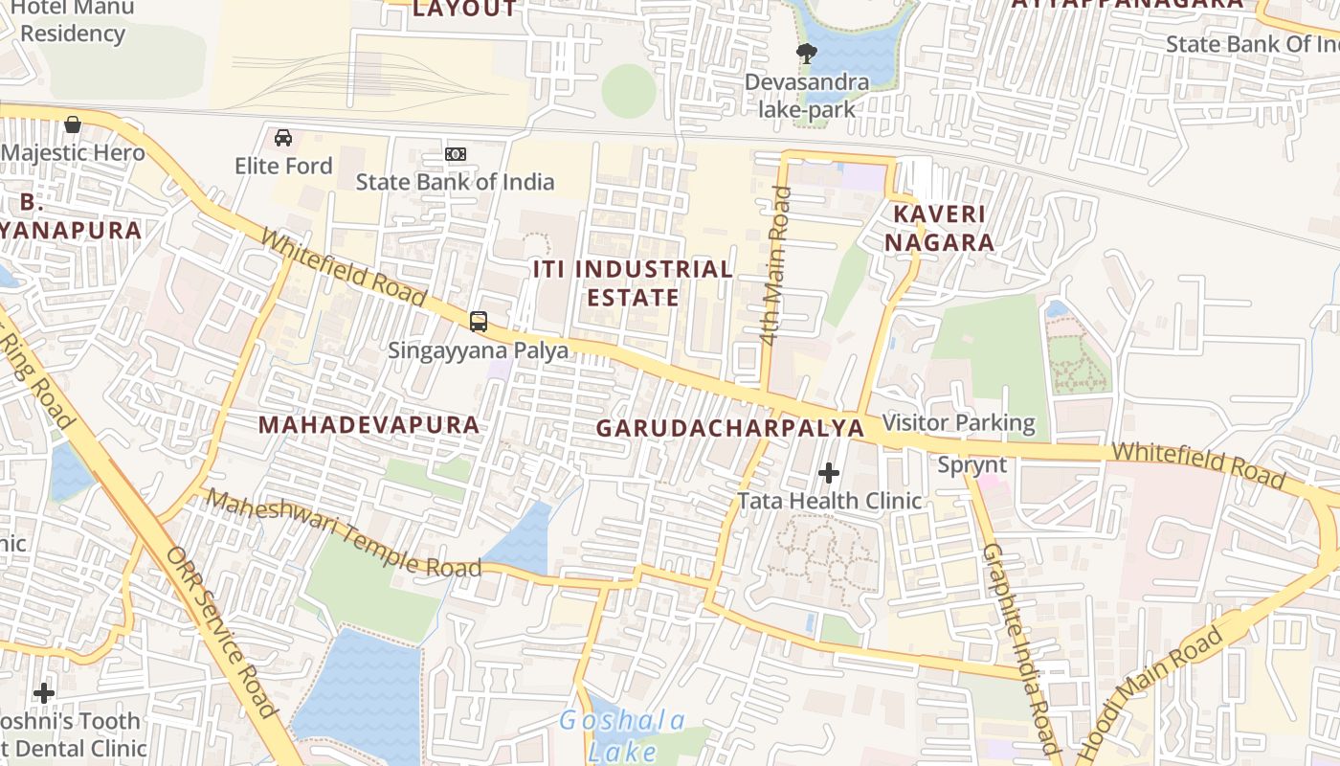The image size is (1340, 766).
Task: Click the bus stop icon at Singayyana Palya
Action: coord(479,322)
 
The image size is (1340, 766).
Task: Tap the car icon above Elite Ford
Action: coord(283,138)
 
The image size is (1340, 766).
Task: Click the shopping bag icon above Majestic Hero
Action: coord(73,124)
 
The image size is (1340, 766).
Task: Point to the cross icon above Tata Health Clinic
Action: coord(829,472)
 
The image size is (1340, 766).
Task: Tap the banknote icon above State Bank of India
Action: coord(456,154)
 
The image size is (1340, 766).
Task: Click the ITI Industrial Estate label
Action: coord(633,282)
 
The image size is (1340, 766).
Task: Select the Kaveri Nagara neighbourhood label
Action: coord(939,228)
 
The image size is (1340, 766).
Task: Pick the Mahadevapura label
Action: coord(368,424)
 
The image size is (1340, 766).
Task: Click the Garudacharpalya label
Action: coord(729,428)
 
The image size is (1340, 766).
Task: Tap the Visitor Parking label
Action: coord(958,422)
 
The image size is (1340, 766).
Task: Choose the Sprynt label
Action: coord(971,465)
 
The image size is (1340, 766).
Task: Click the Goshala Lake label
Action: coord(622,735)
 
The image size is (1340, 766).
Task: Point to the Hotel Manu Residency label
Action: coord(67,20)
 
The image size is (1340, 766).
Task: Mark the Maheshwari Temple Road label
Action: coord(344,533)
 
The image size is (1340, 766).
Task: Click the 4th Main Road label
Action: coord(775,265)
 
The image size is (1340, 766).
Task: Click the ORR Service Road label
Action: coord(221,631)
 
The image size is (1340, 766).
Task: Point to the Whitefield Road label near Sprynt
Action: coord(1197,463)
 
